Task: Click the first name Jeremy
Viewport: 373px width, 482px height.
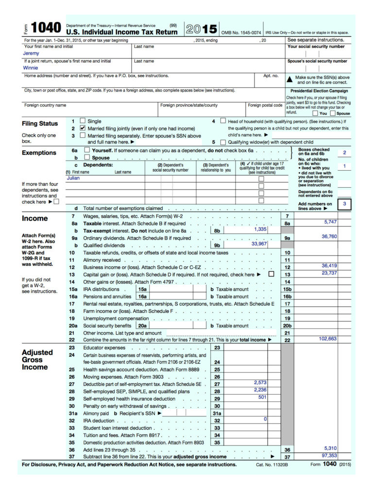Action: [32, 53]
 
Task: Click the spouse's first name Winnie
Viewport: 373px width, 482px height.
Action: [31, 68]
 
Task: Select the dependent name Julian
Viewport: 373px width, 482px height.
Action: [73, 178]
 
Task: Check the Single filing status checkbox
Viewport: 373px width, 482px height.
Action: [83, 121]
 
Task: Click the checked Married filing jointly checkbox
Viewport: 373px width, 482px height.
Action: [83, 128]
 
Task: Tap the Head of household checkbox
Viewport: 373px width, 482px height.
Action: [223, 121]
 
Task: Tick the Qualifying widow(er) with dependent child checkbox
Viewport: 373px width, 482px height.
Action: [223, 143]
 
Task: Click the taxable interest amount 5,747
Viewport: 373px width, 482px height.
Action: [330, 222]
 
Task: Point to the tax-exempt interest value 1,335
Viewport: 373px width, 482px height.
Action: [260, 229]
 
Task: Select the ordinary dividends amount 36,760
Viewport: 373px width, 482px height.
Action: [329, 237]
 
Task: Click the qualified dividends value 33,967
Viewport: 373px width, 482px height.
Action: [259, 244]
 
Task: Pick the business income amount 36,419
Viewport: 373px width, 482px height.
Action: [329, 266]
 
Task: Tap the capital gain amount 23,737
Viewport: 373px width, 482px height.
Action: [329, 273]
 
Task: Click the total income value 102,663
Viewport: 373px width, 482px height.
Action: [327, 338]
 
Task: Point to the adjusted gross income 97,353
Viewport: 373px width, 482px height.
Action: [329, 456]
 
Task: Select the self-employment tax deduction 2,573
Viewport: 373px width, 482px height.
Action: [260, 383]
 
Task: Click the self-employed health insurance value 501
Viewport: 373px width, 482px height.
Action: [262, 397]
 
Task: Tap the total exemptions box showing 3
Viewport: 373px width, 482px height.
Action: [344, 204]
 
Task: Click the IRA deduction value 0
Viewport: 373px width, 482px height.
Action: [265, 418]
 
